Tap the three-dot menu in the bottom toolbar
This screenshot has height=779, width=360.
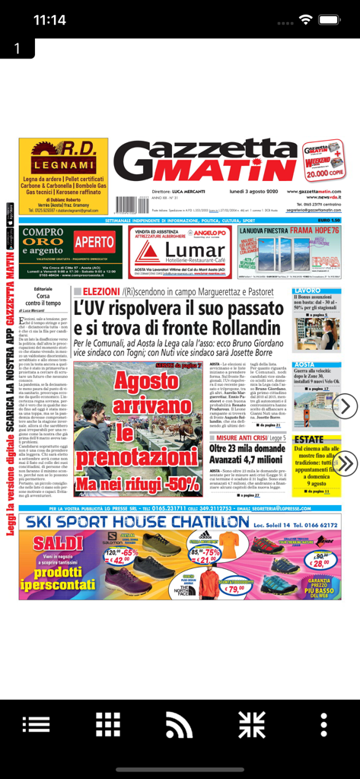pos(324,724)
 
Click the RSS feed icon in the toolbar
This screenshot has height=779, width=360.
pos(180,724)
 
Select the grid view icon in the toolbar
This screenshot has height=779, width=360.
pos(107,724)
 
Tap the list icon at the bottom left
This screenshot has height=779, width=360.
pos(36,724)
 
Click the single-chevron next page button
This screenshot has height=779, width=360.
pos(345,405)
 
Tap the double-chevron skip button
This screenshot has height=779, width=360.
pos(345,463)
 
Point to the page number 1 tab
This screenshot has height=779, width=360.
pos(17,48)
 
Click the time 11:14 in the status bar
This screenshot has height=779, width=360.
pos(49,20)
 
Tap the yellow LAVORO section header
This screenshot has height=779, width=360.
pos(308,291)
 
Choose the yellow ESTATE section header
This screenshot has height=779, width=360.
pos(310,440)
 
